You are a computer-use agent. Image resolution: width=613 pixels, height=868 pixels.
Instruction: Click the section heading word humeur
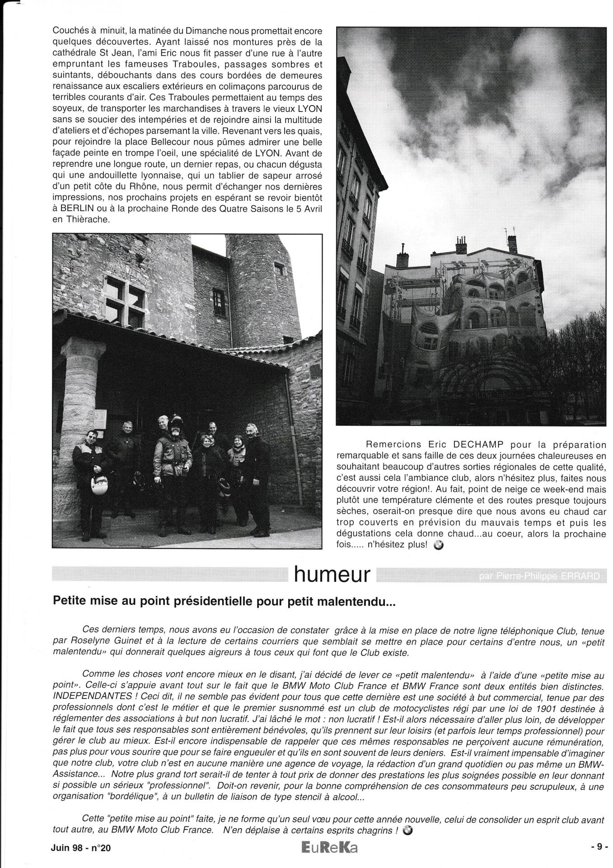point(332,575)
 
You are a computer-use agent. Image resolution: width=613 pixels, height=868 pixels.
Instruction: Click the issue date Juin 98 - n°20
point(81,848)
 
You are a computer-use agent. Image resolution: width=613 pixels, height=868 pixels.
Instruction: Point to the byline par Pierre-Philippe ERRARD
point(537,576)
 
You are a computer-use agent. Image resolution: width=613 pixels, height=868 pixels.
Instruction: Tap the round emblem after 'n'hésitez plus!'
point(437,545)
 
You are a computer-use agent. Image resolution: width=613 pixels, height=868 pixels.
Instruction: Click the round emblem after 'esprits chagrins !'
point(407,830)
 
